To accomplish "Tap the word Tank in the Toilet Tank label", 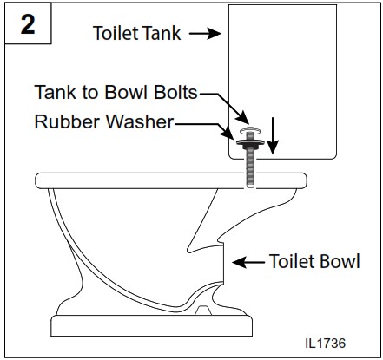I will point(161,34).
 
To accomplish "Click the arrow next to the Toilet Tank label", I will point(206,34).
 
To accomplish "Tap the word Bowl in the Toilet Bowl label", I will point(338,261).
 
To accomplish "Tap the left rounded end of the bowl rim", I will point(40,181).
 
